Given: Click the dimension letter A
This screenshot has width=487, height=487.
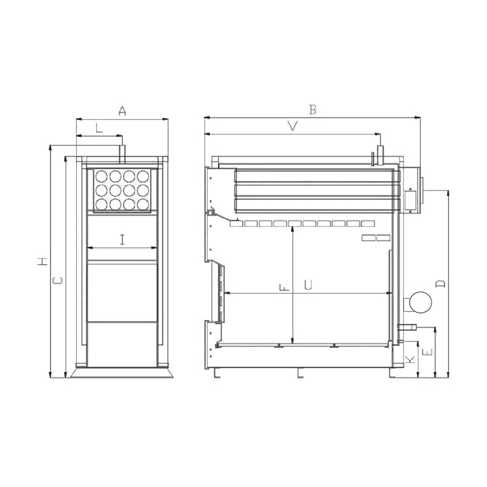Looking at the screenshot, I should (122, 111).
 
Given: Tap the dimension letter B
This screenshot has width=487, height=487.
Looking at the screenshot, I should (312, 110).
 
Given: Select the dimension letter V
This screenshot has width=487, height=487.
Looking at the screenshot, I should (293, 126).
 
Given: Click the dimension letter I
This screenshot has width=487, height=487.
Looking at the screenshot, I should (122, 239).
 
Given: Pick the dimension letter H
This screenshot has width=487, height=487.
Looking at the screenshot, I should (42, 262).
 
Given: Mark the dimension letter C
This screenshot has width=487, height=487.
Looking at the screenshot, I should (57, 281).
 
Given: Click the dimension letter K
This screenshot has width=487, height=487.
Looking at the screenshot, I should (411, 359).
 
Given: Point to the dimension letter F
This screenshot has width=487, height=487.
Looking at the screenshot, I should (284, 287).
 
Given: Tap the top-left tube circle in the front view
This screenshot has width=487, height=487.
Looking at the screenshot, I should (100, 177).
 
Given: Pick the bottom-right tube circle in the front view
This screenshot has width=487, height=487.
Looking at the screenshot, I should (143, 204).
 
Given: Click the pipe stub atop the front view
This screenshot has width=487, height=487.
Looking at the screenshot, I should (121, 152).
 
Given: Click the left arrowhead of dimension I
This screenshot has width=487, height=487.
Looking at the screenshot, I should (89, 248).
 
